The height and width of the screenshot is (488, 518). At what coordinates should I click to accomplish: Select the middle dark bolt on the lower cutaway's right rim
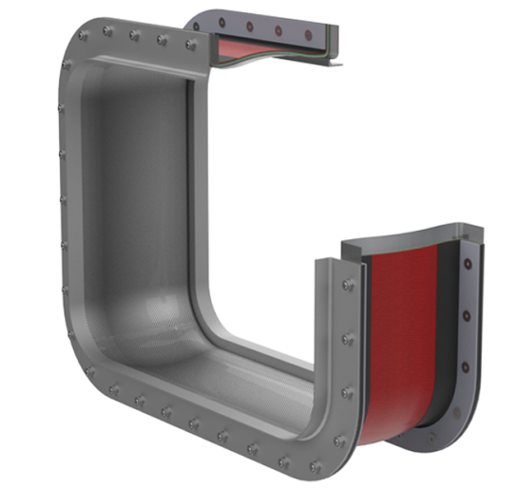(465, 314)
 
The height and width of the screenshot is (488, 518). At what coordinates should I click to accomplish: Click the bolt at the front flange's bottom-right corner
(339, 457)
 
